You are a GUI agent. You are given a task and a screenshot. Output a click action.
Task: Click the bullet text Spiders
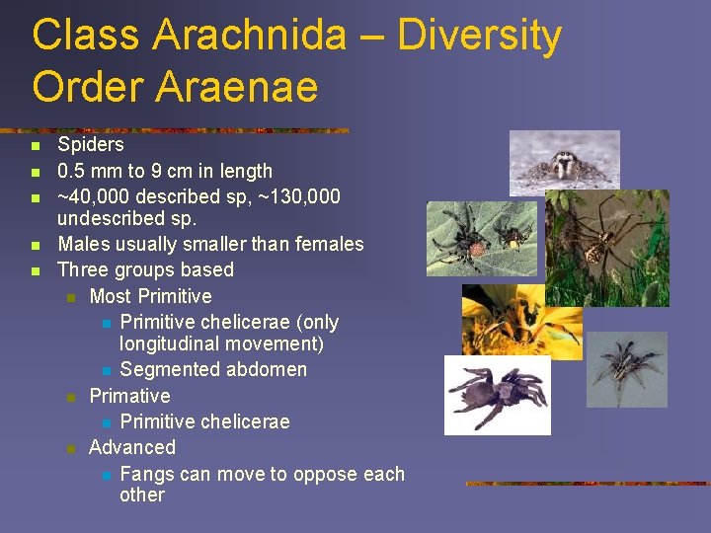[90, 144]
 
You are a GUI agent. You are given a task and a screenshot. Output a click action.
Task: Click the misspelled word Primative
[129, 396]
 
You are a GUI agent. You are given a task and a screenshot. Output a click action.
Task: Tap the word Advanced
[132, 447]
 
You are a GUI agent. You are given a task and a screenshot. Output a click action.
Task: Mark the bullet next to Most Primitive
[70, 297]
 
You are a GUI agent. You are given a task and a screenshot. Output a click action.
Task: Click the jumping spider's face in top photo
[566, 162]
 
